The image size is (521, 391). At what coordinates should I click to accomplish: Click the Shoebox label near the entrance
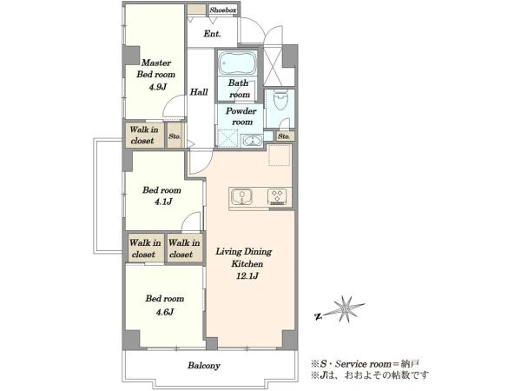[223, 10]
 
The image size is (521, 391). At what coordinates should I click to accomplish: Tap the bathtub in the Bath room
[237, 63]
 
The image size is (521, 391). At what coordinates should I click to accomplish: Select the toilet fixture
[280, 100]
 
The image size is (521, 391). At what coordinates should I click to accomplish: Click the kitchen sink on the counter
[242, 197]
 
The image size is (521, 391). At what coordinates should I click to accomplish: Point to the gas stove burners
[277, 196]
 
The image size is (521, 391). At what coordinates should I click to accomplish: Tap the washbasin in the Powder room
[252, 141]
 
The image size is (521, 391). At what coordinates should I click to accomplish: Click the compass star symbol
[347, 309]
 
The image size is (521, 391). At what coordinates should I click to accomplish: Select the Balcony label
[204, 366]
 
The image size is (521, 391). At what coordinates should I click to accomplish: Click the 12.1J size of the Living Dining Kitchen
[247, 276]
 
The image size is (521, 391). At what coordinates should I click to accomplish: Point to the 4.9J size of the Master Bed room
[157, 87]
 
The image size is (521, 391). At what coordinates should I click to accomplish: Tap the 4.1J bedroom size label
[163, 202]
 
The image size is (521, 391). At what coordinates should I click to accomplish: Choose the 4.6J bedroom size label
[165, 312]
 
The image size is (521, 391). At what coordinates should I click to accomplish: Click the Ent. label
[212, 34]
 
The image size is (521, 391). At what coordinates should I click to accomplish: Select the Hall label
[199, 92]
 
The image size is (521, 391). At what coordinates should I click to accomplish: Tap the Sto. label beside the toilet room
[284, 136]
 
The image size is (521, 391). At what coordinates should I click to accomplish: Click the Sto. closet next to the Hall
[175, 136]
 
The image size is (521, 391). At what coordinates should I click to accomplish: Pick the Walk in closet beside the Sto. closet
[144, 136]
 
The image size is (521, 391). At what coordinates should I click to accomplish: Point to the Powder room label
[241, 116]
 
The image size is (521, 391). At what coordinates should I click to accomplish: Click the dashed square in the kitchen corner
[280, 155]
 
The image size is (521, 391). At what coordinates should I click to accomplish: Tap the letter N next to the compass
[318, 316]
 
